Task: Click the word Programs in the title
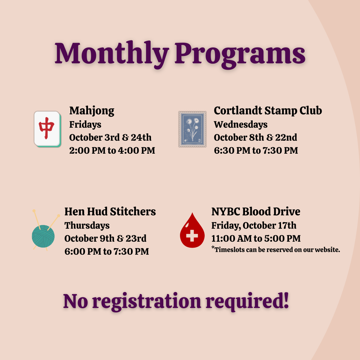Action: coord(240,54)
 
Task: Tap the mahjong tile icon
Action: coord(48,129)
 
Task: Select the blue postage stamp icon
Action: coord(192,129)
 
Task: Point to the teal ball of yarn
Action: coord(43,236)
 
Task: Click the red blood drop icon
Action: coord(192,231)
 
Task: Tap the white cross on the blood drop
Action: coord(192,236)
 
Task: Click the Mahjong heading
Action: coord(92,111)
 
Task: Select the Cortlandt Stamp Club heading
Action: coord(268,111)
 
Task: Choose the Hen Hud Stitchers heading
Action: coord(110,212)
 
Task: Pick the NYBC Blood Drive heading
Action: coord(256,212)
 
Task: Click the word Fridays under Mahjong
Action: coord(85,125)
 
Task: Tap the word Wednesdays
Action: coord(240,125)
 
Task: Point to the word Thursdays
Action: coord(87,226)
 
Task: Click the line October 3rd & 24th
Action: coord(110,137)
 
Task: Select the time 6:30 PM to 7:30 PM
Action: coord(256,151)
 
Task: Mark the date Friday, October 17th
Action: coord(254,226)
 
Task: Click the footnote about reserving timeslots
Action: coord(276,250)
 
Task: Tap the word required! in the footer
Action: coord(247,301)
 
